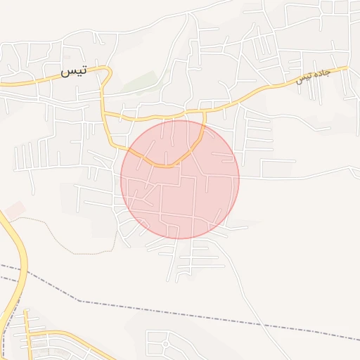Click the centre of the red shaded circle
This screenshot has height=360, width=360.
180,179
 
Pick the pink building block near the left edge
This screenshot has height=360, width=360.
15,209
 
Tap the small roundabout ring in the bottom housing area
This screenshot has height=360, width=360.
165,344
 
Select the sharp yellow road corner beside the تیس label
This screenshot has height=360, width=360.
109,70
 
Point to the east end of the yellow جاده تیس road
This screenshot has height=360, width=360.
345,68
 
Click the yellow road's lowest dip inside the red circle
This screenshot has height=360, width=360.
166,166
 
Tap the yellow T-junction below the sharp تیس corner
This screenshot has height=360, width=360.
103,112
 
